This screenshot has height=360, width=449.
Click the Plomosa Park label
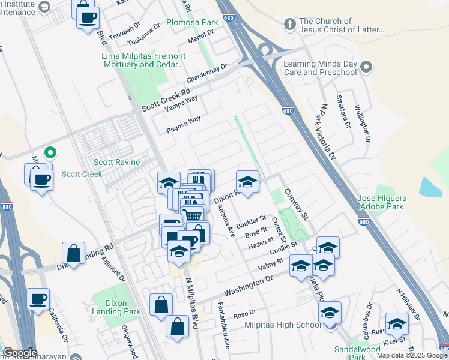point(193,22)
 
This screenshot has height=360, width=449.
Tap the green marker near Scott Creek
point(51,154)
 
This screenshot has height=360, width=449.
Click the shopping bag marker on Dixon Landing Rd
point(73,253)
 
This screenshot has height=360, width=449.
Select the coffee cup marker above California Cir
point(38,299)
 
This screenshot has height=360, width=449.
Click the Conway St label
point(297,203)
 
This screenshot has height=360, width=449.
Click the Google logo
point(20,353)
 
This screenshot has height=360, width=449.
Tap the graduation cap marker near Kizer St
point(396,324)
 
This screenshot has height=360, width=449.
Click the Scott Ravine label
point(116,162)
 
